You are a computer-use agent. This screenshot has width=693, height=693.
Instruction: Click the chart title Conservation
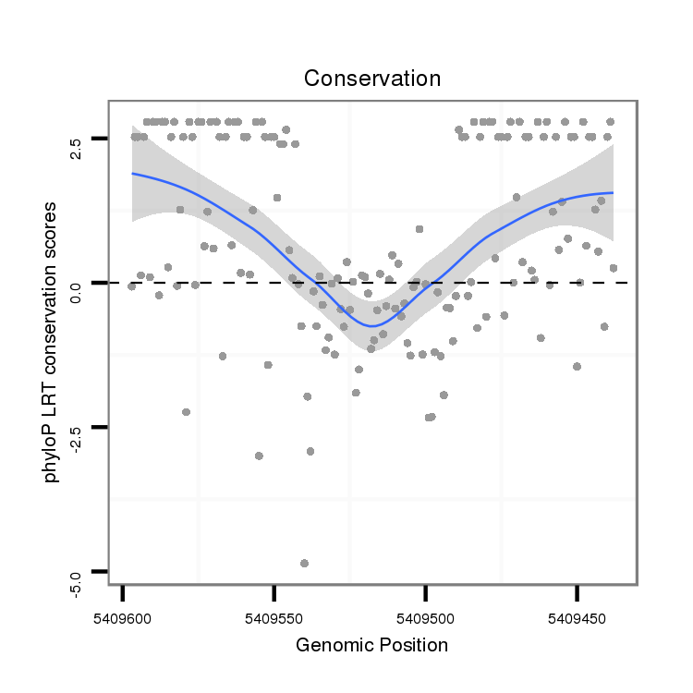(x=372, y=79)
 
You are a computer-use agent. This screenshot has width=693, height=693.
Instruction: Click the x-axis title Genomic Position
(x=371, y=645)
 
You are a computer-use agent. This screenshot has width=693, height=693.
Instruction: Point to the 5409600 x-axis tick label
(x=123, y=614)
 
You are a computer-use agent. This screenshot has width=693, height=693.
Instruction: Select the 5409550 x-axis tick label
(x=274, y=614)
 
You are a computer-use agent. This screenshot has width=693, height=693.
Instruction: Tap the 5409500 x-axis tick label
(x=425, y=614)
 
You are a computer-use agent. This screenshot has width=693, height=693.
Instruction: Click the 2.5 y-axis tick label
(x=77, y=139)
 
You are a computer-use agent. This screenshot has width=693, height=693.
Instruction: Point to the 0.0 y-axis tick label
(x=77, y=283)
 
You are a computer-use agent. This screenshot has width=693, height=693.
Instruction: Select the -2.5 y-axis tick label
(x=77, y=428)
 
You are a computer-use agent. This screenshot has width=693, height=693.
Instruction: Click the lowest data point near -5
(x=304, y=563)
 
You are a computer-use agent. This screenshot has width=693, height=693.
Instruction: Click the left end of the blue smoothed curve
(x=132, y=173)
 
